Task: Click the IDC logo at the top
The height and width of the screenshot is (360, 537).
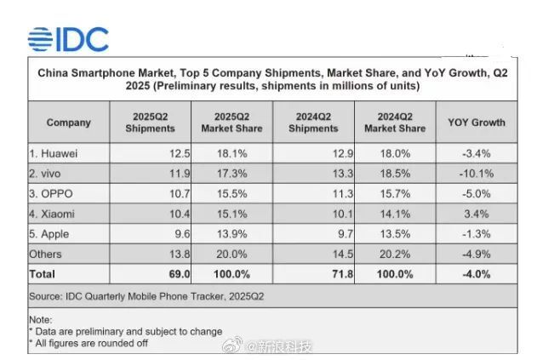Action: [68, 39]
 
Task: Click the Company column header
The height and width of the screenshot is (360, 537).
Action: [68, 123]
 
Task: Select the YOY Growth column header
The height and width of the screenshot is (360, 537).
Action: [476, 123]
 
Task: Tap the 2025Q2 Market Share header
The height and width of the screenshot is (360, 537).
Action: [231, 123]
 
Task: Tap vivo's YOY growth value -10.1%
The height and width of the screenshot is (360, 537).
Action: [500, 173]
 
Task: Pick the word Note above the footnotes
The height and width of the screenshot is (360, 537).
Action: [41, 319]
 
